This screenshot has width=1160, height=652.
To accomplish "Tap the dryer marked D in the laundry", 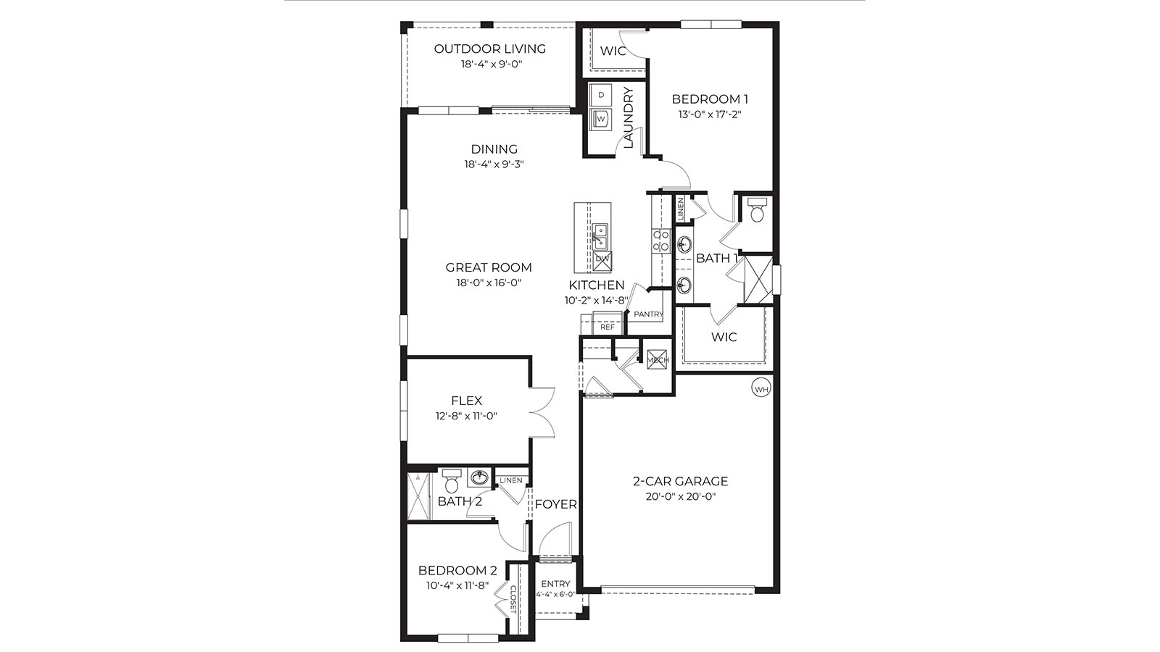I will click(601, 95).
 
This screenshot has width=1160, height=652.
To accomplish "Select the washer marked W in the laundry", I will click(601, 118).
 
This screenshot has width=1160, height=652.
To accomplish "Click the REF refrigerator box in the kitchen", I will click(608, 327).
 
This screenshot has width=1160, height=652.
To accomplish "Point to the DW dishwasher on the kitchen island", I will click(602, 259).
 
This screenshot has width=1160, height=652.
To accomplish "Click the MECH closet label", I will click(658, 360).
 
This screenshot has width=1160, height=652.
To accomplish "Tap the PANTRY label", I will click(648, 314).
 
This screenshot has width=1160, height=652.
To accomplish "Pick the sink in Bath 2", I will click(478, 477).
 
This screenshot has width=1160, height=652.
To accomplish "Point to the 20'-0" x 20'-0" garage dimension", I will click(680, 497).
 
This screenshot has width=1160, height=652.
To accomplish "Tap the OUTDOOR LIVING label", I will click(489, 49).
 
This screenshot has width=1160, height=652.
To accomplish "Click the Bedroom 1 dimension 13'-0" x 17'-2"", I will click(709, 114).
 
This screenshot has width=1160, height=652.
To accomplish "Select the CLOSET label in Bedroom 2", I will click(513, 599).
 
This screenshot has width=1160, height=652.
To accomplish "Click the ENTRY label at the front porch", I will click(555, 584).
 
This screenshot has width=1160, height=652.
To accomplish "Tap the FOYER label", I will click(555, 504).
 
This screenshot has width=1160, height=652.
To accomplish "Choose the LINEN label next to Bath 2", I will click(511, 480).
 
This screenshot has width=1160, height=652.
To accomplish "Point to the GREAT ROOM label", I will click(489, 267).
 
